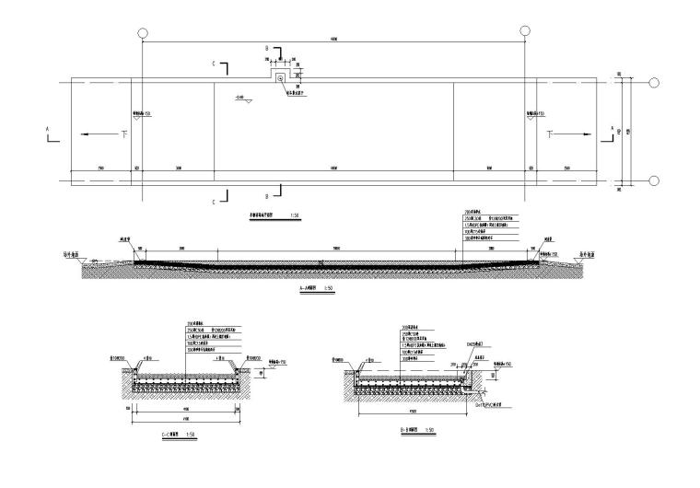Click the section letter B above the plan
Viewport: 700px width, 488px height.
pyautogui.click(x=267, y=47)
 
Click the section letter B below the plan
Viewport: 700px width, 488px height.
pyautogui.click(x=266, y=196)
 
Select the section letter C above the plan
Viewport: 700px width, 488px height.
pyautogui.click(x=214, y=64)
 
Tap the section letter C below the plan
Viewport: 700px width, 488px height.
pyautogui.click(x=214, y=201)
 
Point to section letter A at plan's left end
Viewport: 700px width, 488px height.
pyautogui.click(x=48, y=129)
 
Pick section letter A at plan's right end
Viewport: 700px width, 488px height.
pyautogui.click(x=612, y=129)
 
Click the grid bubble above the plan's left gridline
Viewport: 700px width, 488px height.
pyautogui.click(x=143, y=32)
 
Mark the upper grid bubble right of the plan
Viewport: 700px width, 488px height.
pyautogui.click(x=653, y=83)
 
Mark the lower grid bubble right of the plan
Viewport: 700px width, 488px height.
pyautogui.click(x=653, y=180)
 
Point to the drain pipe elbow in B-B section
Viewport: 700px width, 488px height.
pyautogui.click(x=472, y=388)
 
